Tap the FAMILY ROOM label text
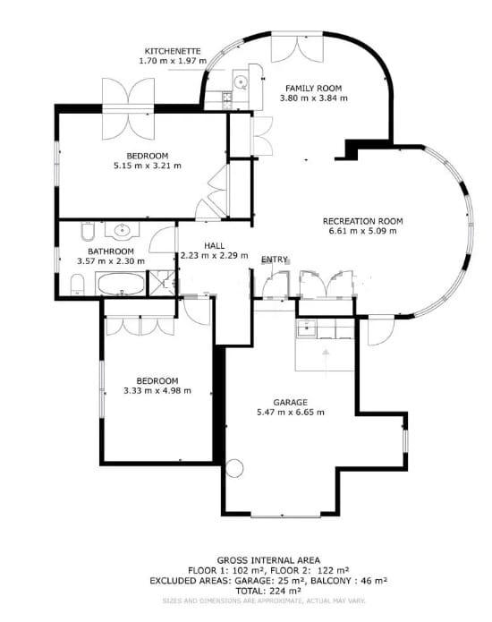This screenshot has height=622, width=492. tap(311, 88)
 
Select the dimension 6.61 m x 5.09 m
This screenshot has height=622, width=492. tap(362, 231)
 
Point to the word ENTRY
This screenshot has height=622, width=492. tap(275, 260)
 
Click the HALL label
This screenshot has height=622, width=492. tap(215, 244)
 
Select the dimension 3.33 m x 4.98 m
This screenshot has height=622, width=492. tap(151, 389)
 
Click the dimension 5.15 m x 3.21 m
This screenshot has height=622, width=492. tap(147, 166)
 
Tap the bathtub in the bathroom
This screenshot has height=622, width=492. tap(119, 285)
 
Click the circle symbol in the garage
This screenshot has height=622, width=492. tap(233, 467)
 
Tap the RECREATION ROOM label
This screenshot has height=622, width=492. tap(363, 220)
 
